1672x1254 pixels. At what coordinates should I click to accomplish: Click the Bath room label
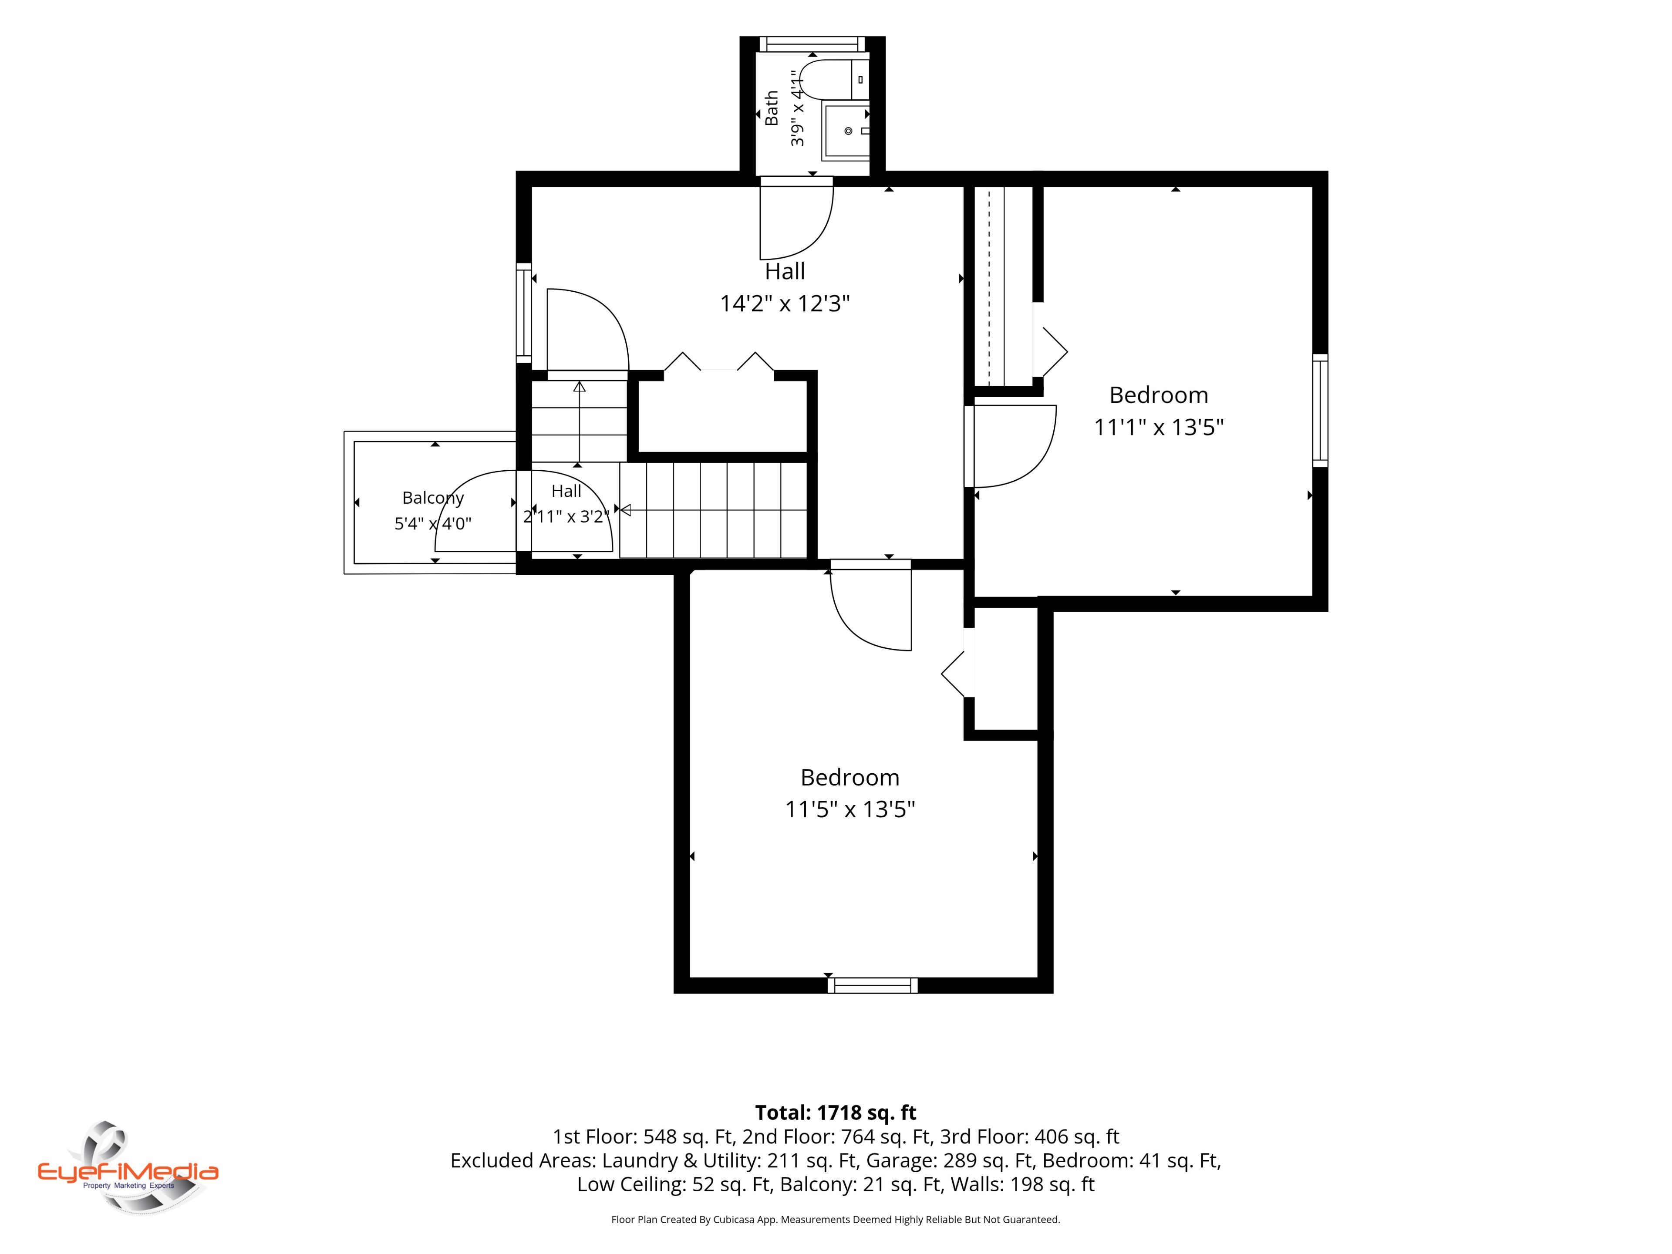pos(771,108)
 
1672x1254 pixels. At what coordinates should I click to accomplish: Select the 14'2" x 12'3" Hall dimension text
pos(785,304)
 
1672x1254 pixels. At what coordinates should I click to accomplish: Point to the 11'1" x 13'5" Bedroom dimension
pos(1159,427)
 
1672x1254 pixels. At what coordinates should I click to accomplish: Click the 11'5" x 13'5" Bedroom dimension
pos(849,809)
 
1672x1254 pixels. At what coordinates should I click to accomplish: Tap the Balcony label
pos(433,498)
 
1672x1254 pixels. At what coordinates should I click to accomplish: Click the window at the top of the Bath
pos(812,44)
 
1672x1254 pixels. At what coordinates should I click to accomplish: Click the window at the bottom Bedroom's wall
pos(872,985)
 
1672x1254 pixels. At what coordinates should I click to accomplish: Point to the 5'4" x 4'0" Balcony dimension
pos(433,523)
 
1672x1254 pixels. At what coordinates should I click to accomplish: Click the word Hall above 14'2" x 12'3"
pos(785,271)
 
